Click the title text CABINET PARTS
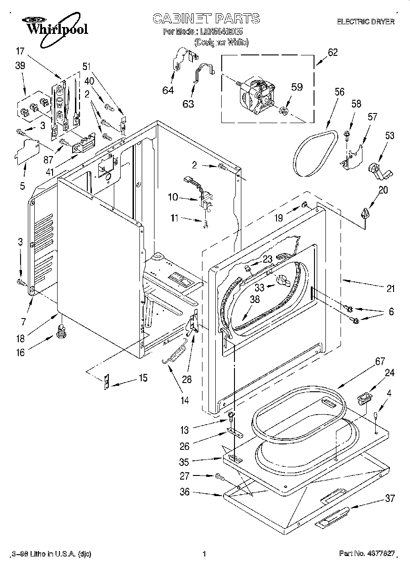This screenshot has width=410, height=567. [206, 19]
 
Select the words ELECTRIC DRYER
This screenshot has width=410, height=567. [365, 22]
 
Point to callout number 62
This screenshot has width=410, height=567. [332, 52]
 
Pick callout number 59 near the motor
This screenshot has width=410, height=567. [297, 86]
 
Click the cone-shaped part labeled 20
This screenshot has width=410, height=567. [365, 213]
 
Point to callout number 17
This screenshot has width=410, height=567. [20, 51]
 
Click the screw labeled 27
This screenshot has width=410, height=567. [220, 477]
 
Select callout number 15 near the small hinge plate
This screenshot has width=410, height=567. [143, 378]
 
